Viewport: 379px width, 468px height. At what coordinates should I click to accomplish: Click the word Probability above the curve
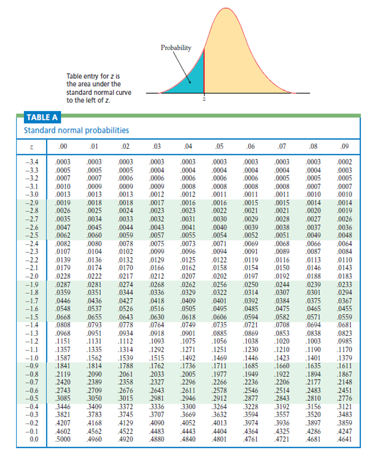[176, 48]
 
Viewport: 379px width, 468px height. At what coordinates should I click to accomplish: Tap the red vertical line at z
[204, 70]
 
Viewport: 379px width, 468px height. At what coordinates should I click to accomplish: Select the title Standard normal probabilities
[76, 130]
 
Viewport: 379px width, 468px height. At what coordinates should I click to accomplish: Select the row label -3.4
[32, 162]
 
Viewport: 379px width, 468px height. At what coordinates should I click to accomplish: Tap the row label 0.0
[34, 439]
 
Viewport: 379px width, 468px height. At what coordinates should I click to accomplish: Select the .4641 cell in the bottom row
[345, 439]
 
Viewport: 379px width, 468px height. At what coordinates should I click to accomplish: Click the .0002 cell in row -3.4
[345, 162]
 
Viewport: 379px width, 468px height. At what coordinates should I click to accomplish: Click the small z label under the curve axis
[204, 99]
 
